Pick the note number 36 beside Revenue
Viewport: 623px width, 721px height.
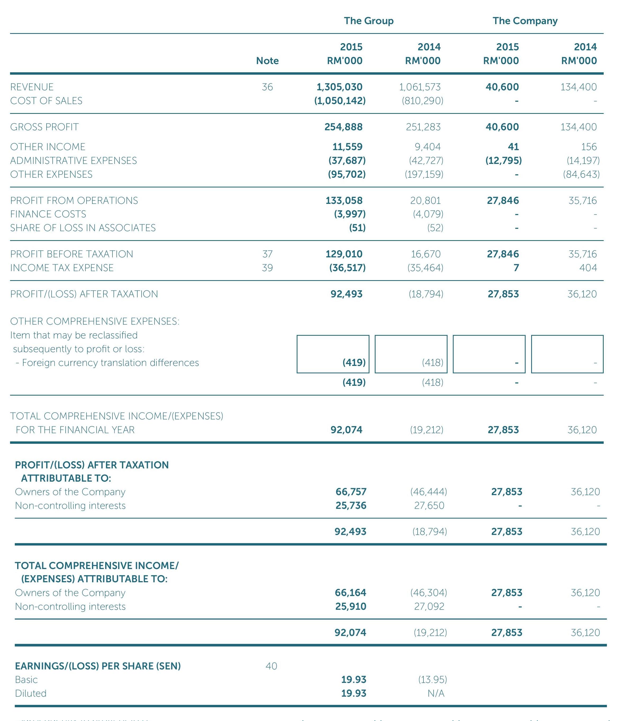pos(267,87)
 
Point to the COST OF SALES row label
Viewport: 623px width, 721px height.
pos(46,101)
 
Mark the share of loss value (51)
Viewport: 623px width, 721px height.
pos(357,228)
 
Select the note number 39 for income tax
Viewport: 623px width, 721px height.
pos(267,268)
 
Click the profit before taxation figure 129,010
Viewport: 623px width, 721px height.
pos(344,254)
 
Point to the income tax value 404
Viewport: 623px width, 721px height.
pos(588,268)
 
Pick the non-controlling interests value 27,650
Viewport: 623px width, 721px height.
pos(429,506)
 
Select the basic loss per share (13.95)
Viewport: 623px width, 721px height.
pos(432,680)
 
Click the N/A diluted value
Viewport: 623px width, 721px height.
pos(436,693)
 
